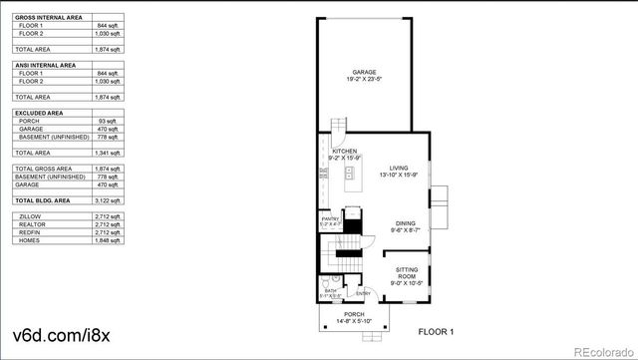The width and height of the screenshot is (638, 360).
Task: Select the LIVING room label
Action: pyautogui.click(x=399, y=168)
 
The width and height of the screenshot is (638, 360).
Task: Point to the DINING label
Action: pyautogui.click(x=404, y=223)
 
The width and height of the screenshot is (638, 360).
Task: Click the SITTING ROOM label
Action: pyautogui.click(x=407, y=271)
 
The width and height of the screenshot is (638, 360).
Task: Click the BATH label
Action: pyautogui.click(x=330, y=291)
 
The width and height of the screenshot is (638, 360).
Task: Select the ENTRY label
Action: pyautogui.click(x=363, y=292)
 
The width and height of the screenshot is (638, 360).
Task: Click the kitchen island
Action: pyautogui.click(x=351, y=180)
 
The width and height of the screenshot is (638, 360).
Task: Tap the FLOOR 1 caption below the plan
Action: pyautogui.click(x=436, y=330)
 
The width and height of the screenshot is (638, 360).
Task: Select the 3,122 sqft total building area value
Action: pyautogui.click(x=111, y=200)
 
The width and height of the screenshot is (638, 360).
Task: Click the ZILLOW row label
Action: pyautogui.click(x=31, y=215)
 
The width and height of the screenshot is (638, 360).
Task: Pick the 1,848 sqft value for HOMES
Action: pyautogui.click(x=111, y=239)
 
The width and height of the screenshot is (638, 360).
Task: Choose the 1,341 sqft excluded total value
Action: pyautogui.click(x=111, y=153)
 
